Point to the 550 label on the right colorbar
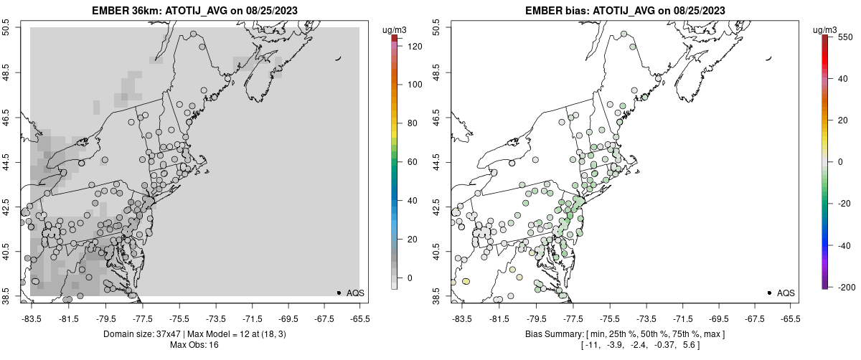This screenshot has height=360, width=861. pyautogui.click(x=844, y=36)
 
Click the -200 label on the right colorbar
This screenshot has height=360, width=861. pyautogui.click(x=844, y=287)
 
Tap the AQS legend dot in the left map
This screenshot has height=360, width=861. pyautogui.click(x=339, y=293)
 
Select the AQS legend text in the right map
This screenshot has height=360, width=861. pyautogui.click(x=786, y=293)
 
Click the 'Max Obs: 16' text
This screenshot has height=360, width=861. pyautogui.click(x=194, y=345)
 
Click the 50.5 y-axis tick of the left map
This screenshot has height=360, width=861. pyautogui.click(x=6, y=28)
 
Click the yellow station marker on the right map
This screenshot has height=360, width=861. pyautogui.click(x=466, y=282)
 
